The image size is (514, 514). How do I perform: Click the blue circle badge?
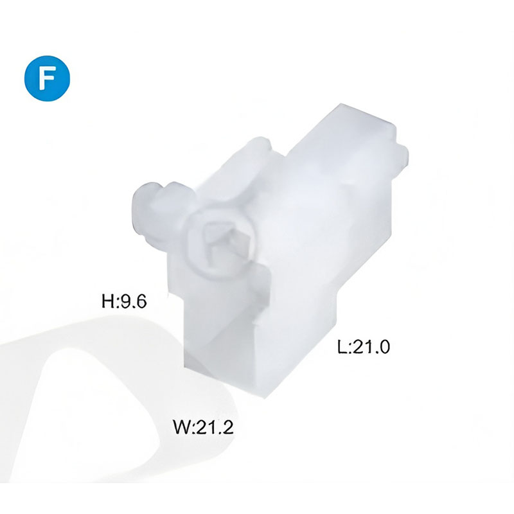pos(47,78)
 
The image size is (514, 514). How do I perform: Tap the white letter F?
pos(47,78)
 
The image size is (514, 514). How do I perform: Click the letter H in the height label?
pos(108,301)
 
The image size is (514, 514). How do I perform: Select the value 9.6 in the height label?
pos(134,301)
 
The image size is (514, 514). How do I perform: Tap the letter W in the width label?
pos(182,427)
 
